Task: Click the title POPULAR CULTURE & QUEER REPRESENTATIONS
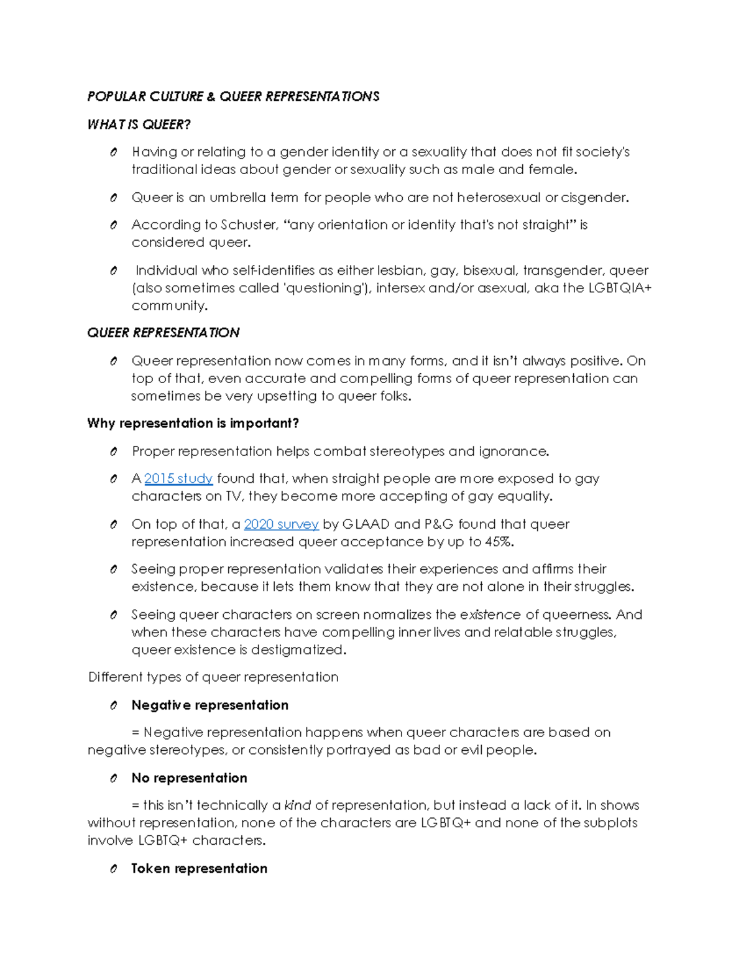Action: pyautogui.click(x=233, y=96)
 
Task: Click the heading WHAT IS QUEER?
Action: pyautogui.click(x=139, y=124)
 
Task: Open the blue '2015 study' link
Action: pyautogui.click(x=178, y=478)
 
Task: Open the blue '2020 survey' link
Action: pyautogui.click(x=281, y=524)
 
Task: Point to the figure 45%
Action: pyautogui.click(x=499, y=542)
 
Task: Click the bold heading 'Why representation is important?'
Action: pyautogui.click(x=193, y=424)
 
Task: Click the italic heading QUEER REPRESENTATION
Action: pyautogui.click(x=163, y=333)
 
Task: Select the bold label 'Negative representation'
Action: pyautogui.click(x=210, y=705)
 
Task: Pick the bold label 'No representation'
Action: pyautogui.click(x=189, y=778)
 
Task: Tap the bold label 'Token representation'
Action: pyautogui.click(x=199, y=868)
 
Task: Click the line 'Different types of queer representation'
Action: pyautogui.click(x=213, y=677)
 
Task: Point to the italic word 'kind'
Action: pyautogui.click(x=297, y=806)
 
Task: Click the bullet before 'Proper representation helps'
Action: pyautogui.click(x=113, y=452)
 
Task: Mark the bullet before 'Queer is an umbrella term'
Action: pyautogui.click(x=113, y=198)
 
